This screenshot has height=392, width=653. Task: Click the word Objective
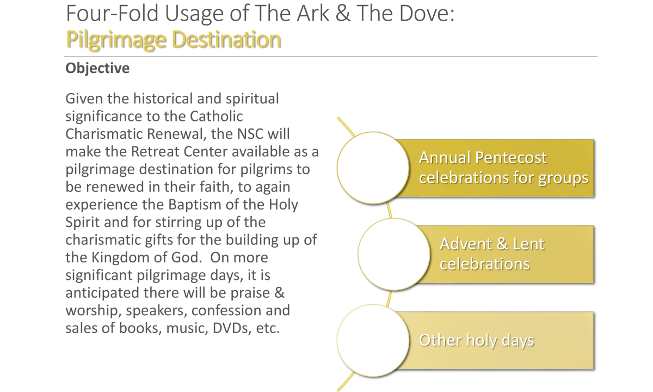(97, 69)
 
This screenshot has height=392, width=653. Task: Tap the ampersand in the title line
(343, 14)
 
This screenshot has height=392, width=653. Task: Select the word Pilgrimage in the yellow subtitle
(116, 40)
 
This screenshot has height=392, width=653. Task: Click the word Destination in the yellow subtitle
(226, 39)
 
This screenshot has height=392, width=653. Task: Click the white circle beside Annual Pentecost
(373, 168)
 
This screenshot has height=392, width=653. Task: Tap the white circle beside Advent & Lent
(394, 254)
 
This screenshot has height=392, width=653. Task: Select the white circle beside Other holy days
(373, 341)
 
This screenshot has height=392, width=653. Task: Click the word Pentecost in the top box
(511, 158)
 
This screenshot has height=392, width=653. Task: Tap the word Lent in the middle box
(528, 244)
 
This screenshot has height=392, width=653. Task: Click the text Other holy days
(476, 341)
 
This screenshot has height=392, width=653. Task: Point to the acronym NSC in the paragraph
(250, 134)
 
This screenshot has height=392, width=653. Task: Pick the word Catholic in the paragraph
(217, 117)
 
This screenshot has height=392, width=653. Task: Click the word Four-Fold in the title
(112, 14)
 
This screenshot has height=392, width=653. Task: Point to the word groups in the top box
(563, 178)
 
